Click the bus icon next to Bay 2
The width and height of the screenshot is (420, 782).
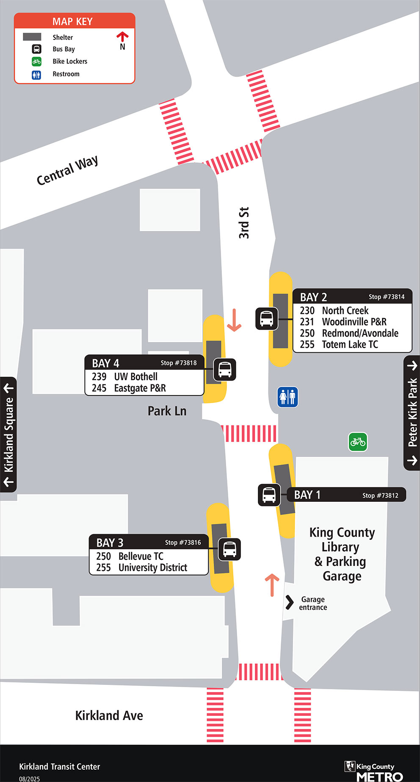[267, 319]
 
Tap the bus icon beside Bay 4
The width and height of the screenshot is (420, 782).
[224, 369]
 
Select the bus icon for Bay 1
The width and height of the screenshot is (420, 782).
[269, 495]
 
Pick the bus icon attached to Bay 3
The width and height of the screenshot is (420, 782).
[229, 549]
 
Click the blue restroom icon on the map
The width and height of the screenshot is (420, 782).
[287, 397]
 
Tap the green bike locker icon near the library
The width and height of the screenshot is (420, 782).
[358, 442]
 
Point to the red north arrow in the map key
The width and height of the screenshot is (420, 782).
[122, 37]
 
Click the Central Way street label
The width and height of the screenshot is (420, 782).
[67, 170]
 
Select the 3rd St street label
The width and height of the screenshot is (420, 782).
[244, 223]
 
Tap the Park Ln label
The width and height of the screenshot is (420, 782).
[167, 411]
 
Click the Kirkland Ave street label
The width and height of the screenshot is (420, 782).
[109, 715]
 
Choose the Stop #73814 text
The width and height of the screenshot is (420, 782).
[387, 297]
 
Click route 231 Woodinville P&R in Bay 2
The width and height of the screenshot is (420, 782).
[343, 322]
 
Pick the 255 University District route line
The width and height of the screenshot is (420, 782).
[141, 568]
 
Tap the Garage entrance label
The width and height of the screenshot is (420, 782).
[313, 603]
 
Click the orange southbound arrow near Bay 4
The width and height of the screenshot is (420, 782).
[234, 320]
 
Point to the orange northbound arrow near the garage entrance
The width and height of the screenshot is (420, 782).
[272, 584]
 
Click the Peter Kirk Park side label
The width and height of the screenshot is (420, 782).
[412, 412]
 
